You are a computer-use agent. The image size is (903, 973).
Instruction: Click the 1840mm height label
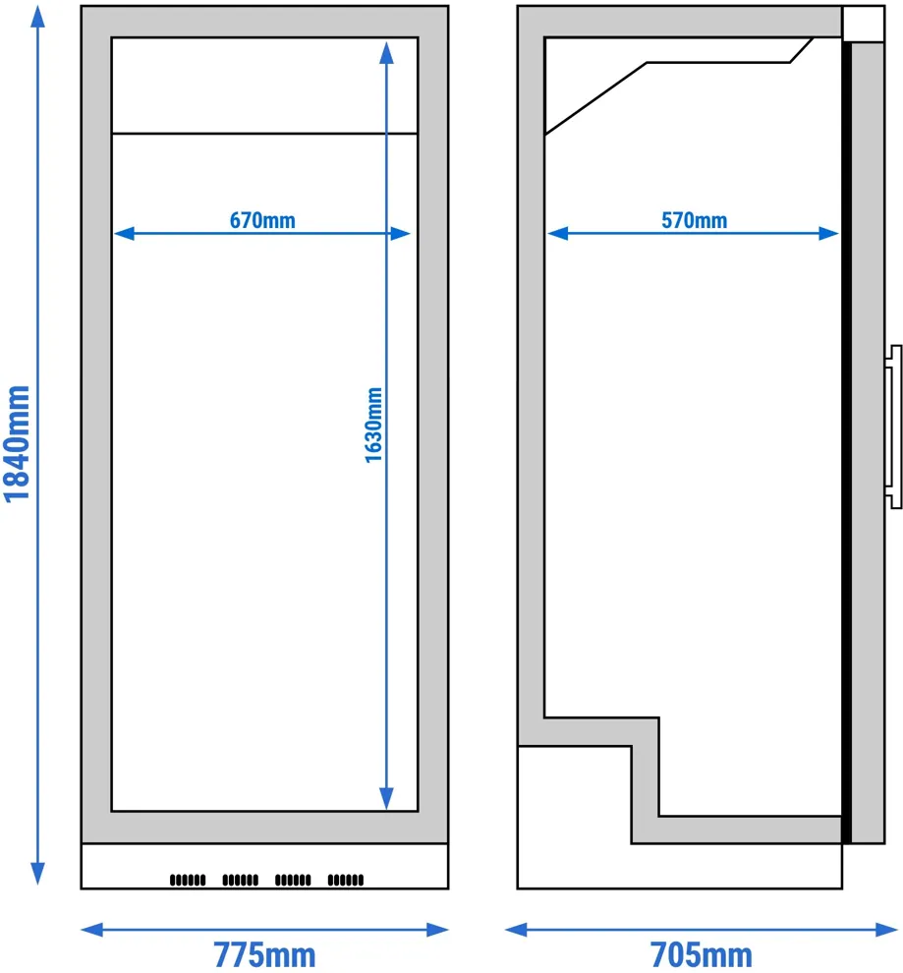point(17,443)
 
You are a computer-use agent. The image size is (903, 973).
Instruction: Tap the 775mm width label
point(265,954)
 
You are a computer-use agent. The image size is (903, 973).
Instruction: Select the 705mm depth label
point(702,954)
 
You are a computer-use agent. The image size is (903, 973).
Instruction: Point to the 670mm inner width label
point(262,220)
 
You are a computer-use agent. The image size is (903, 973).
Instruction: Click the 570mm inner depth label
point(694,220)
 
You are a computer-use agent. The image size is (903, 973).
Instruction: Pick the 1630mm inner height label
point(373,425)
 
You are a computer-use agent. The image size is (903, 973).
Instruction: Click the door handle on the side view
point(893,427)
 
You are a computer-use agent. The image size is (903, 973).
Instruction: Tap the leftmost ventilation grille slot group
point(188,880)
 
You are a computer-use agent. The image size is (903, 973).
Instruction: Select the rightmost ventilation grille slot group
point(346,880)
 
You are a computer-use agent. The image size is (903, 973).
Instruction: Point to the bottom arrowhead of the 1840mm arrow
point(38,873)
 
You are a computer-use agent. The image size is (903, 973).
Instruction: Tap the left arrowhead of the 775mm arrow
point(91,930)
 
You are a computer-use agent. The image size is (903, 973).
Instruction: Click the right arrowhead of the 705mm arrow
point(887,930)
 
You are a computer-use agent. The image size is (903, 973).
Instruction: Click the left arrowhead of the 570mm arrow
point(557,233)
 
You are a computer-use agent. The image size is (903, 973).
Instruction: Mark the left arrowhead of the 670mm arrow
point(124,233)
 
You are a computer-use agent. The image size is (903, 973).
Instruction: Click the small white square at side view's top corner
point(864,24)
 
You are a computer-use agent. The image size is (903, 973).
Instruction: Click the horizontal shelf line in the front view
point(265,134)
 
